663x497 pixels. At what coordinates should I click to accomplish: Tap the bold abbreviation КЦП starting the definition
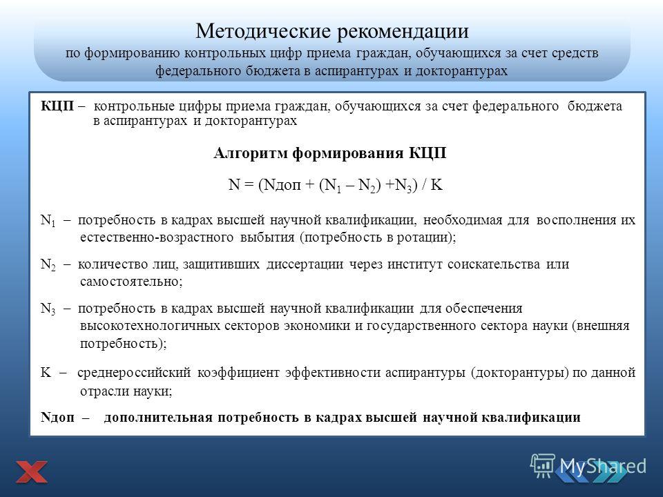[57, 106]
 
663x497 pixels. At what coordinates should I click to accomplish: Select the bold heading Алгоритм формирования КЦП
[330, 153]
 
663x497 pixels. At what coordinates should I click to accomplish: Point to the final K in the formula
[436, 185]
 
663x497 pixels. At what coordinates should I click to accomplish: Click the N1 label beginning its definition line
[48, 220]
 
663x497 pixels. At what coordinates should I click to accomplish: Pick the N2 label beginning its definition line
[48, 264]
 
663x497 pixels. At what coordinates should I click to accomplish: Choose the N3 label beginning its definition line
[48, 309]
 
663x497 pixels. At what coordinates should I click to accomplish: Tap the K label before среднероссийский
[46, 372]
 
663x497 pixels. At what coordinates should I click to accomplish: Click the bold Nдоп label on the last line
[57, 418]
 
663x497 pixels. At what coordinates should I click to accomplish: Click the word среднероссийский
[135, 373]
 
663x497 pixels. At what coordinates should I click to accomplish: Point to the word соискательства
[493, 264]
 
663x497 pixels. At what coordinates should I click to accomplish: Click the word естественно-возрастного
[157, 237]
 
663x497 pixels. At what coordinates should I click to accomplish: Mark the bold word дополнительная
[157, 418]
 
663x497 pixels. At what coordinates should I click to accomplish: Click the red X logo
[32, 472]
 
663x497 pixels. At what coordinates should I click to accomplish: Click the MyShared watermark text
[602, 467]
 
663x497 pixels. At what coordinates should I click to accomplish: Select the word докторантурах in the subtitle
[461, 70]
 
